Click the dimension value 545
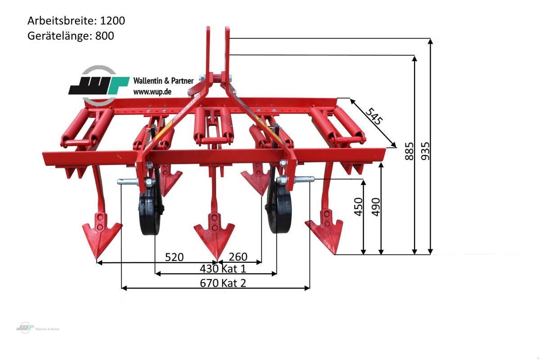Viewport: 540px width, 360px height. [x=374, y=117]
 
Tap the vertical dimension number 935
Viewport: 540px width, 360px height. [x=425, y=151]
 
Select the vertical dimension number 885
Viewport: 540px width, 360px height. [x=409, y=151]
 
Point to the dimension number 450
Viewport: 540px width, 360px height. [x=359, y=207]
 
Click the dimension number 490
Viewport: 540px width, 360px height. [x=376, y=207]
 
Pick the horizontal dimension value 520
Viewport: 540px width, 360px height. [x=174, y=257]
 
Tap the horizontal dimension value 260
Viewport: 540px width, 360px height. [x=238, y=257]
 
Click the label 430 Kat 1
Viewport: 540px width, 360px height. [x=223, y=269]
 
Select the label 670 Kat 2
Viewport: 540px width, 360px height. [x=223, y=283]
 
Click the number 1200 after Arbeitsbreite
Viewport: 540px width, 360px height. [x=112, y=21]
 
